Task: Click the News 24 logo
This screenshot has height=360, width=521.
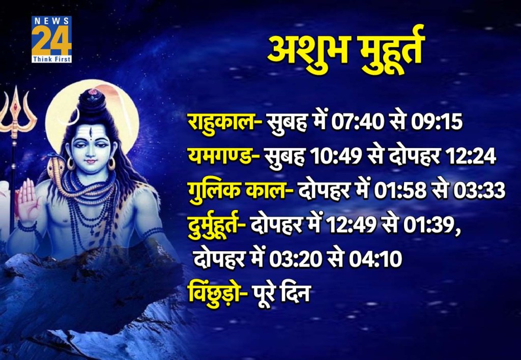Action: [x=51, y=39]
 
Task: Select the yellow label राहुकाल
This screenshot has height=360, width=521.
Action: [x=221, y=123]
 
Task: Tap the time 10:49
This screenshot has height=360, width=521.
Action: [x=334, y=157]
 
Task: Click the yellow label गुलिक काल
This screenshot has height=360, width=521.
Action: [x=237, y=191]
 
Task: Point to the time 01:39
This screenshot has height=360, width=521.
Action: [x=430, y=225]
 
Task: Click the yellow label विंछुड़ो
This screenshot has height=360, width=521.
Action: [x=214, y=293]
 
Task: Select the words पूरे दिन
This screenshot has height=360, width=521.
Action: [x=284, y=293]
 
